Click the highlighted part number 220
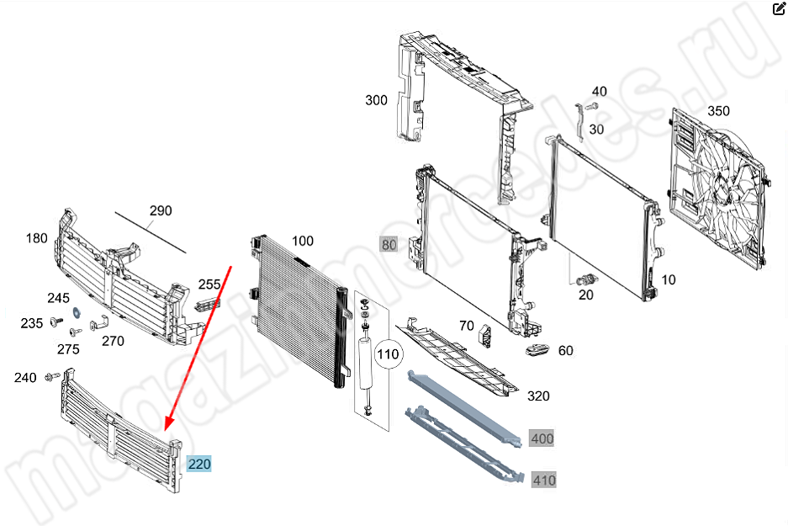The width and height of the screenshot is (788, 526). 199,464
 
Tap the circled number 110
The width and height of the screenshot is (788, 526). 388,354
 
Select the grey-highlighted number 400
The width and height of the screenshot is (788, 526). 542,438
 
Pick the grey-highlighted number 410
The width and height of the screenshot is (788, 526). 544,480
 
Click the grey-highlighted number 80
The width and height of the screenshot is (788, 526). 389,245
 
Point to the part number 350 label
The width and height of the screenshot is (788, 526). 718,110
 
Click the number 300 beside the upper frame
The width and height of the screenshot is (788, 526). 376,101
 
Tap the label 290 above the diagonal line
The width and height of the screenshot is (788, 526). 161,210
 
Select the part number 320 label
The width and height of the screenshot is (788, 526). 538,396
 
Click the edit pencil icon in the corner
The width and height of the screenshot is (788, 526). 779,8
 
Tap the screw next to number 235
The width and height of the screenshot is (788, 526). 57,321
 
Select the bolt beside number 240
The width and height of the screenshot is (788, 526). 52,376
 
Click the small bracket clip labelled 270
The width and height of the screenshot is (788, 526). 99,324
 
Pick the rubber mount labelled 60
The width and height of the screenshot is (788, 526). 537,348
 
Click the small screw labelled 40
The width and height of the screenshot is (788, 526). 593,106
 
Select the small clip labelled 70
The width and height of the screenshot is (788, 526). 486,335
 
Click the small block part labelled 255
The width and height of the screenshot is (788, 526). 207,304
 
